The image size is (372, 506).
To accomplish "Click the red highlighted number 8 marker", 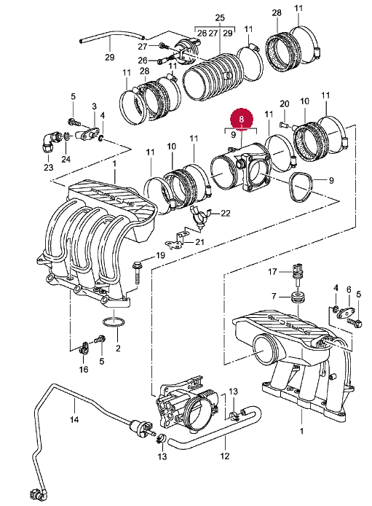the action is click(242, 119).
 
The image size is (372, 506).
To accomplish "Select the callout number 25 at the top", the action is click(220, 18).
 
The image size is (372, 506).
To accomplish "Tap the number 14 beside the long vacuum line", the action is click(74, 419).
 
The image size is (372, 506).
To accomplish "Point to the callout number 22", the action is click(226, 214).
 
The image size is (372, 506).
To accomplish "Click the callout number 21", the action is click(199, 241).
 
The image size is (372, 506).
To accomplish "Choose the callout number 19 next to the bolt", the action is click(160, 255).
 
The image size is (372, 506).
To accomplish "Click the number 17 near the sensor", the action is click(272, 272).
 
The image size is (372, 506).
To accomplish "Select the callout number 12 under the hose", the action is click(225, 456).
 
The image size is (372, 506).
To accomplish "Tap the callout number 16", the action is click(84, 369).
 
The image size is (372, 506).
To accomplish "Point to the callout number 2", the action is click(118, 349).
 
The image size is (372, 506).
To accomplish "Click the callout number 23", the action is click(48, 168).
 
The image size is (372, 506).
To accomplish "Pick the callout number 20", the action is click(284, 104).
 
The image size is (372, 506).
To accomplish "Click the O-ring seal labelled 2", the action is click(114, 322).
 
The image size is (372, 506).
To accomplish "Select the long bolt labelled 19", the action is click(136, 273).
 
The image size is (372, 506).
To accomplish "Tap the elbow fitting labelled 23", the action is click(50, 141).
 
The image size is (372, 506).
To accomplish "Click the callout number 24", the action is click(66, 159).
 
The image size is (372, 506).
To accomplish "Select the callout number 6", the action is click(349, 289).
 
